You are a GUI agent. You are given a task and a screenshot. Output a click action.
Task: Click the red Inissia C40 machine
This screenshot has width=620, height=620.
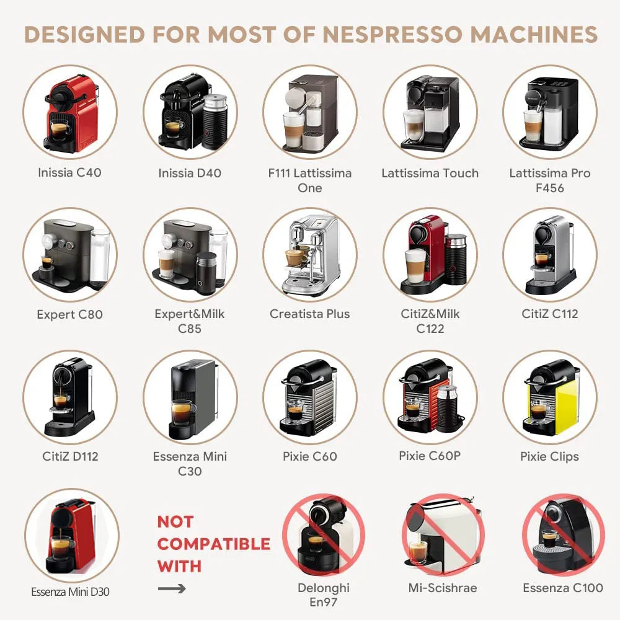(x=69, y=113)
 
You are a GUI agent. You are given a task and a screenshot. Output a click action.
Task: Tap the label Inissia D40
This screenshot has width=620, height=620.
(x=190, y=173)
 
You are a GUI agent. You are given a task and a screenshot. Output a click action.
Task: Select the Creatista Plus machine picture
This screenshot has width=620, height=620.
(x=310, y=254)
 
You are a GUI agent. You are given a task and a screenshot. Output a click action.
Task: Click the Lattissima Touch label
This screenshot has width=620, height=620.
(x=430, y=173)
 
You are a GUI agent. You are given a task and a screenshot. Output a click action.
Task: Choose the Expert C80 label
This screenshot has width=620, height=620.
(x=69, y=314)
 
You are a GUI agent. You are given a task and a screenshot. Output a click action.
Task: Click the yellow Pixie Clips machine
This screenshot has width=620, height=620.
(x=549, y=397)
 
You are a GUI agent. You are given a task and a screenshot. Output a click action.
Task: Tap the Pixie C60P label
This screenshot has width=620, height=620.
(x=430, y=456)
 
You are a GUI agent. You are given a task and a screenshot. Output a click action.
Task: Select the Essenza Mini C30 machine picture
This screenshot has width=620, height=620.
(x=190, y=397)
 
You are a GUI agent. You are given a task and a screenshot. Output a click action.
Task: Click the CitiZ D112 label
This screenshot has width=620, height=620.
(x=70, y=456)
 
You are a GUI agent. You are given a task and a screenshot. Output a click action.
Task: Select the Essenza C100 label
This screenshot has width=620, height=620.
(x=563, y=588)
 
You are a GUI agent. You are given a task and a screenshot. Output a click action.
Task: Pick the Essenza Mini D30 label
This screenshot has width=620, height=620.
(x=70, y=592)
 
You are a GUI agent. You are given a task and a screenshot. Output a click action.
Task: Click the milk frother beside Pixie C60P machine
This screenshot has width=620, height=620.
(x=447, y=408)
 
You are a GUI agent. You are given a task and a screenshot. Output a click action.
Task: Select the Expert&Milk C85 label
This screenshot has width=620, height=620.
(x=190, y=321)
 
